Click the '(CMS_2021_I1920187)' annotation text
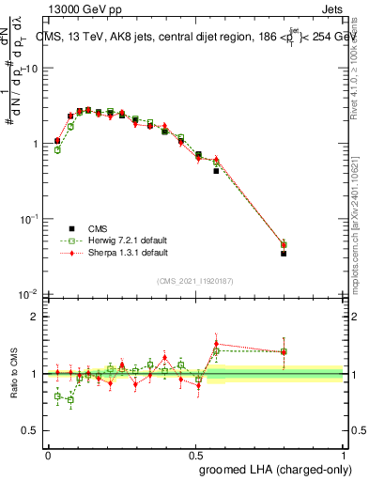pos(194,280)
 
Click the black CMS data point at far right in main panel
pos(284,254)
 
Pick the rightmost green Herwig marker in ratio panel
pos(284,352)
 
